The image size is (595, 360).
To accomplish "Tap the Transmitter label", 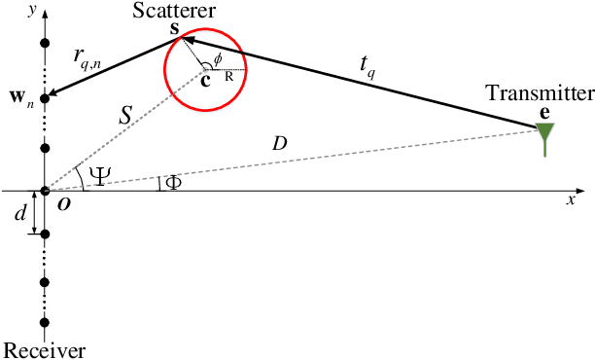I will pyautogui.click(x=540, y=93).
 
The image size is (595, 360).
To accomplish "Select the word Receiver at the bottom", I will pyautogui.click(x=45, y=350).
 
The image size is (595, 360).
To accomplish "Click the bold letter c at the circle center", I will pyautogui.click(x=204, y=80).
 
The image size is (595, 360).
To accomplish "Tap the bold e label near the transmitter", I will pyautogui.click(x=543, y=113).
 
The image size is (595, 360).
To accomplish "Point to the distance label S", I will pyautogui.click(x=125, y=115).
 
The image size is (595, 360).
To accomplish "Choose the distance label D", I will pyautogui.click(x=279, y=144).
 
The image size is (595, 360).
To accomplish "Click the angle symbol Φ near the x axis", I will pyautogui.click(x=173, y=182).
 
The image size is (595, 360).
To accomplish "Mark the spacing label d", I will pyautogui.click(x=20, y=213).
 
